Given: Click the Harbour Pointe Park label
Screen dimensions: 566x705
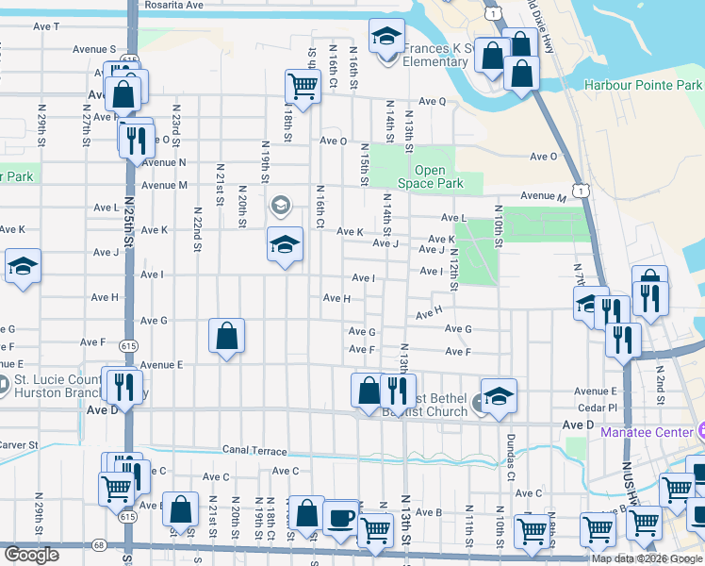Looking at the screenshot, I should (643, 85).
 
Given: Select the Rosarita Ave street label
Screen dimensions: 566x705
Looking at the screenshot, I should (174, 5).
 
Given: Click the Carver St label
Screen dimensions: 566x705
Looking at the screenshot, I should (18, 444).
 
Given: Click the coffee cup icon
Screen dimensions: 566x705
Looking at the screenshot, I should (341, 518).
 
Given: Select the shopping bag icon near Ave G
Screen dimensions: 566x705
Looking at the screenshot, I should (227, 336).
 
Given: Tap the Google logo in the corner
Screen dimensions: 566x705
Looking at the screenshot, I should (30, 555).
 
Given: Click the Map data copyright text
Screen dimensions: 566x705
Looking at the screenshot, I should (647, 558).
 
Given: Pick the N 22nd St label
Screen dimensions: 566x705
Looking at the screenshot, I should (198, 230).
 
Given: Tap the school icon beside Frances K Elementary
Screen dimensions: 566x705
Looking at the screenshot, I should (385, 37).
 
